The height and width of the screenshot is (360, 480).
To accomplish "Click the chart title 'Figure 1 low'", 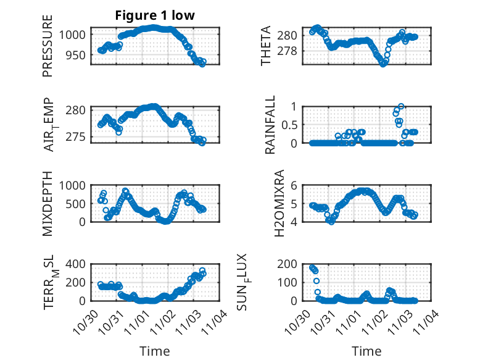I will click(x=155, y=16).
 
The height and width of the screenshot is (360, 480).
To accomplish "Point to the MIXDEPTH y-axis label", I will click(x=48, y=203).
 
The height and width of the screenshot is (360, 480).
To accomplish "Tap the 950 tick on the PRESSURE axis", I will click(x=78, y=56).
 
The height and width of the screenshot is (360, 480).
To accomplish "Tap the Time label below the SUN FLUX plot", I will click(x=367, y=351).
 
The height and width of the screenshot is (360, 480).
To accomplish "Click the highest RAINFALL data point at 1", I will click(x=401, y=106).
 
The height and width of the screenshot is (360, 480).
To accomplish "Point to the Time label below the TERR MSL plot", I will click(x=155, y=351).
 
